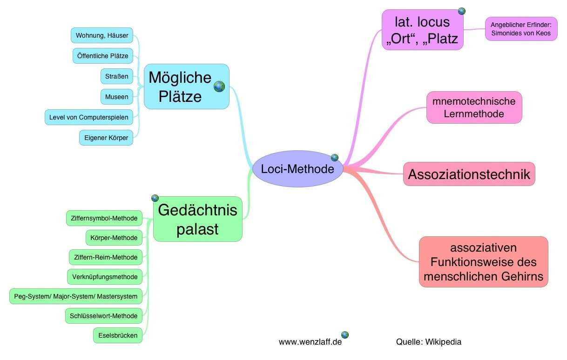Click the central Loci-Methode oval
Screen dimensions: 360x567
[x=297, y=169]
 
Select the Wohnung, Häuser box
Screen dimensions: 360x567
[x=102, y=35]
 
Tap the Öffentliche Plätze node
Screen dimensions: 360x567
[x=103, y=56]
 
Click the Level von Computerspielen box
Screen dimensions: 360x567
[x=88, y=117]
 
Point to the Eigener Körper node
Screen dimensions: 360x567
[x=106, y=138]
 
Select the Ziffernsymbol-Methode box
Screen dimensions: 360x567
[x=104, y=218]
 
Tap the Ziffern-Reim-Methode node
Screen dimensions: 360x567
[x=105, y=257]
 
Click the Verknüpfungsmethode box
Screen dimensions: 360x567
[x=105, y=277]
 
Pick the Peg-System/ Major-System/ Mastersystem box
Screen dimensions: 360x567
[x=76, y=296]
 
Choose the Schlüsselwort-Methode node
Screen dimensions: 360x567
[x=103, y=316]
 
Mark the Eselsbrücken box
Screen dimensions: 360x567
[x=118, y=335]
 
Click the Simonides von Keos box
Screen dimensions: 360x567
[x=521, y=29]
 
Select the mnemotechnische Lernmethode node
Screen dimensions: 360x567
[x=474, y=107]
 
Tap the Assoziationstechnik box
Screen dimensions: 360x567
[x=469, y=174]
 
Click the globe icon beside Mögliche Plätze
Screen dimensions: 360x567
[x=219, y=87]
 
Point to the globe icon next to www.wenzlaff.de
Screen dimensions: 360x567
[x=345, y=334]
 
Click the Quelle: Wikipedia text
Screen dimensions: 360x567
[x=429, y=342]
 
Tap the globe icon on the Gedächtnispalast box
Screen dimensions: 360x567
[x=155, y=198]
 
